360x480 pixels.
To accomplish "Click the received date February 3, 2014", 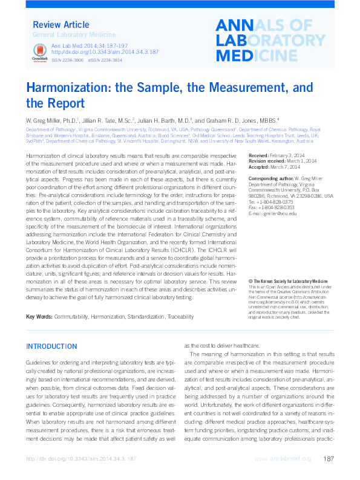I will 295,156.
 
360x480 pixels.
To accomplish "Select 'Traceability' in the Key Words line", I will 182,317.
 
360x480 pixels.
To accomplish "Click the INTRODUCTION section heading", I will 51,347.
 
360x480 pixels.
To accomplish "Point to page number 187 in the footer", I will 329,459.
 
